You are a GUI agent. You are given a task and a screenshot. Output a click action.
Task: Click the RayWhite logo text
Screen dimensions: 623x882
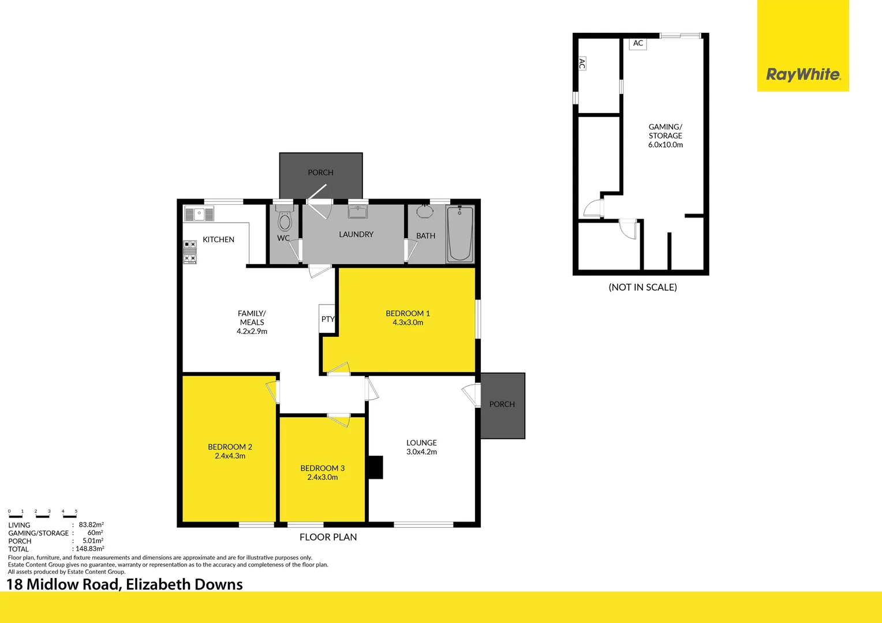pos(803,74)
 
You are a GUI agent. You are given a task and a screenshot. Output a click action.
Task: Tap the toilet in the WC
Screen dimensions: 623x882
pos(285,220)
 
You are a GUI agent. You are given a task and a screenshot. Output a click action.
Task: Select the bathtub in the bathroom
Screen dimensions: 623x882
pos(460,234)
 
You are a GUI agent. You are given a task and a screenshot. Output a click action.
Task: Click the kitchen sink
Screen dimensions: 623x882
pos(199,214)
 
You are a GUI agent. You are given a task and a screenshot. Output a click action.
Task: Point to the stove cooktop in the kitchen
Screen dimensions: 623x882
pos(190,252)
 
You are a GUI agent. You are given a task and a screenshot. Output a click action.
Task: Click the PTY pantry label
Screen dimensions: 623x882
pos(328,319)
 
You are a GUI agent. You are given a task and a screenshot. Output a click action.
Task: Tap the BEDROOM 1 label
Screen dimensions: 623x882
pos(408,313)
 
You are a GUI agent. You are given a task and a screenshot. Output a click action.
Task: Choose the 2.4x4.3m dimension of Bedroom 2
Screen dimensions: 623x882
pos(230,456)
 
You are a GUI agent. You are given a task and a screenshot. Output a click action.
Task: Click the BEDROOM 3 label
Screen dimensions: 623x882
pos(322,468)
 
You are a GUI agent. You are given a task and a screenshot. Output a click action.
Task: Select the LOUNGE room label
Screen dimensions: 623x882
pos(421,442)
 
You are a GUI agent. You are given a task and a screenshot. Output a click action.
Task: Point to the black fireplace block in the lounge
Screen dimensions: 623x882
pos(375,467)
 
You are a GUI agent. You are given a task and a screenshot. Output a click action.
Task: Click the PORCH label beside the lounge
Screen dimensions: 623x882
pos(502,404)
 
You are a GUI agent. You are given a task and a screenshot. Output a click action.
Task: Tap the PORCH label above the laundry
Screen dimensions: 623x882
pos(320,172)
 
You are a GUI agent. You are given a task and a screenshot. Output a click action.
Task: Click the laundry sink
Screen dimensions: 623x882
pos(358,212)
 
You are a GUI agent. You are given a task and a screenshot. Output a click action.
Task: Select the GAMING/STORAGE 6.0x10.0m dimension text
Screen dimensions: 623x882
pos(665,145)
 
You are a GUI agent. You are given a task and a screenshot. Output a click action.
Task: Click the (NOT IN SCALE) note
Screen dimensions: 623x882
pos(642,287)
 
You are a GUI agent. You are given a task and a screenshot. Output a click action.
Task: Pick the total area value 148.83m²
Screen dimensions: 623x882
pos(90,549)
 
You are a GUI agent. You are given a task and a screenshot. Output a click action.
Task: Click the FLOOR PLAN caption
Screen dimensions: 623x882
pos(328,537)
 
